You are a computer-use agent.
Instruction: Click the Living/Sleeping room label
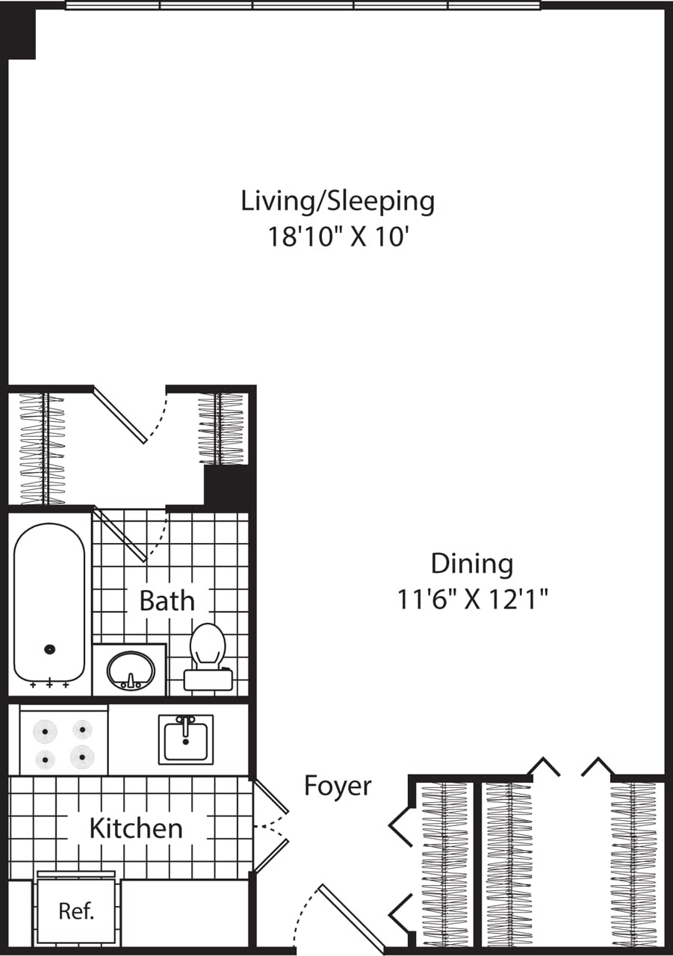337,202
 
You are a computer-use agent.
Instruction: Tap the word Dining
472,564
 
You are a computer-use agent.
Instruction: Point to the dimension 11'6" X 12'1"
473,599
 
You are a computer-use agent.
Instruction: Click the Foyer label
338,786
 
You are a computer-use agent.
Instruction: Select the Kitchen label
136,828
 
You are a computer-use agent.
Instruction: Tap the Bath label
167,600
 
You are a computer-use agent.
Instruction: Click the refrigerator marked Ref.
77,912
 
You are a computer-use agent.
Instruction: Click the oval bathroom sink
131,670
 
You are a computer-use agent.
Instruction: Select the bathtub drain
50,650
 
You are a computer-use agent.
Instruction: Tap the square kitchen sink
185,739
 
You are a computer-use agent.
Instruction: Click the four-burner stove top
64,744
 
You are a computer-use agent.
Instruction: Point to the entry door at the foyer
351,916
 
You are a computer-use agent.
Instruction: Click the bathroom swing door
120,534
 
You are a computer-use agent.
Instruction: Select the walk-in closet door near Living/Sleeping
120,415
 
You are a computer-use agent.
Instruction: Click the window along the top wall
303,5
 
